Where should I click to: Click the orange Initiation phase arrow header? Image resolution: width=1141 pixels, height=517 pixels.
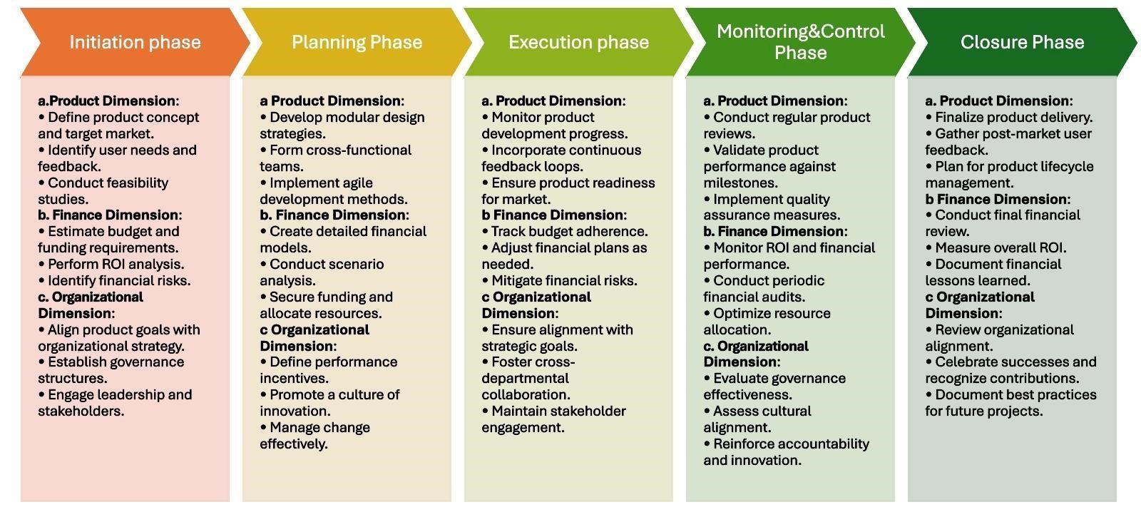tap(135, 42)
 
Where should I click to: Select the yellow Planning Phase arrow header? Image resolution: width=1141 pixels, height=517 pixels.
tap(357, 42)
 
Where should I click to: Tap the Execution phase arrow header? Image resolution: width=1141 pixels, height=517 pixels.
tap(578, 42)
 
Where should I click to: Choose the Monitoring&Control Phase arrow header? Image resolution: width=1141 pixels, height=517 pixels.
tap(800, 42)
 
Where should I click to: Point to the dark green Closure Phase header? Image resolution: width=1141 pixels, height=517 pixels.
tap(1023, 42)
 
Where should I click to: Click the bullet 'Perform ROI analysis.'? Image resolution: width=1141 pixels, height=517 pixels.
tap(111, 265)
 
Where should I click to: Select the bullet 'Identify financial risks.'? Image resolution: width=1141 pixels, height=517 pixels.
tap(114, 281)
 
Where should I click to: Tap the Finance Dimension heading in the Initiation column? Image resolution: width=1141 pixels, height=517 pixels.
tap(110, 215)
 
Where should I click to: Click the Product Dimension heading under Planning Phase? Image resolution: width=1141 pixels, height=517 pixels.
tap(332, 101)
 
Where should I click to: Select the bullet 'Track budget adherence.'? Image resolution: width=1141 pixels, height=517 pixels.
tap(565, 232)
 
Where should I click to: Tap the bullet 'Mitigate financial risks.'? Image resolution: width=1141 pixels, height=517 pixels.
tap(559, 281)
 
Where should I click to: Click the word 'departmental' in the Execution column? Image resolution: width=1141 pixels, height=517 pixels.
tap(525, 379)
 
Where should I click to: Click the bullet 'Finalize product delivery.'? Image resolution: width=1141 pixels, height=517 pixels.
tap(1009, 117)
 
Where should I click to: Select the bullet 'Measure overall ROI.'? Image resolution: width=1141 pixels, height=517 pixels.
tap(996, 248)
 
